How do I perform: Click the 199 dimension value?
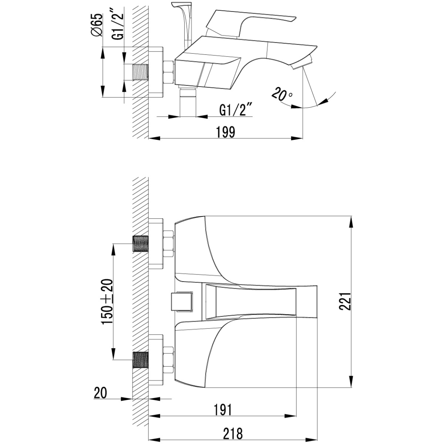click(x=226, y=132)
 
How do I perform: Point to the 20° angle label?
click(x=282, y=94)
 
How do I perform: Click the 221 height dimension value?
click(x=345, y=302)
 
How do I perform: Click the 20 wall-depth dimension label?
click(x=101, y=393)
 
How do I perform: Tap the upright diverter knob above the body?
click(x=185, y=26)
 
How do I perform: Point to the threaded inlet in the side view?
click(x=140, y=72)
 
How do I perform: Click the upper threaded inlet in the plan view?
click(x=141, y=244)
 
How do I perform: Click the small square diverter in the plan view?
click(x=182, y=302)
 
